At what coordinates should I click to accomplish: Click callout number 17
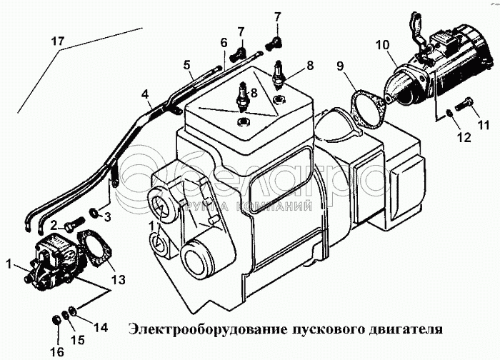tap(57, 42)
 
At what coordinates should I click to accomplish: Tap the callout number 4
tap(145, 94)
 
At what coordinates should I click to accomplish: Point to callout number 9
tap(341, 67)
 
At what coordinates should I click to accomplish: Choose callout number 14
tap(100, 328)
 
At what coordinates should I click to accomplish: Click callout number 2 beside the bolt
tap(53, 225)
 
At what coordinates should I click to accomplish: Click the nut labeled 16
tap(56, 318)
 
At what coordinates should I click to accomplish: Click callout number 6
tap(224, 43)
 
